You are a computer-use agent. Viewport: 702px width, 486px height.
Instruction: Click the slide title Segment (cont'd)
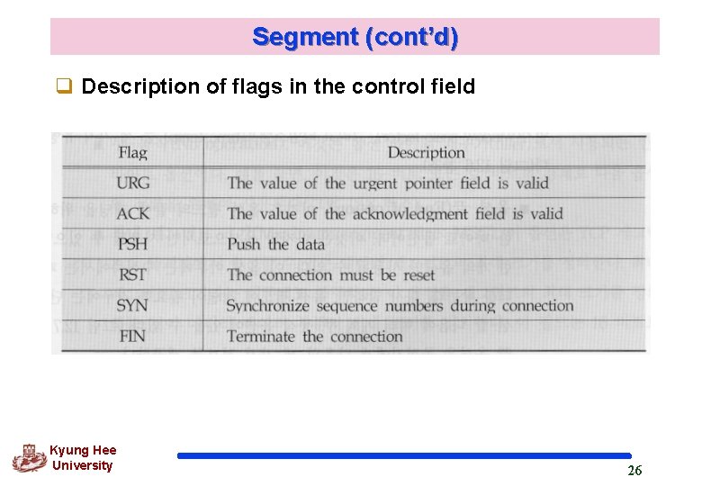[x=355, y=37]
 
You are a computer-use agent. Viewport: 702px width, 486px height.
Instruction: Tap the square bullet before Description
[x=64, y=87]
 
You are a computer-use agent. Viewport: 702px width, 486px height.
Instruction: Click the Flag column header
[x=132, y=152]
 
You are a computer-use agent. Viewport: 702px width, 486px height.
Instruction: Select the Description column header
[x=426, y=152]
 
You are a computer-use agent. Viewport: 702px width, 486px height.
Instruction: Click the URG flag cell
[x=132, y=183]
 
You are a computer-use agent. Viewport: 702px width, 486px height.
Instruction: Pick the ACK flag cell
[x=132, y=213]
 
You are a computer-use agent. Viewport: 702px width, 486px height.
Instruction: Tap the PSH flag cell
[x=132, y=244]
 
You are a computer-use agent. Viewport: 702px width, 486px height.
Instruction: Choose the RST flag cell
[x=132, y=274]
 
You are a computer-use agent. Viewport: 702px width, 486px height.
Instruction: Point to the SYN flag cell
[x=132, y=305]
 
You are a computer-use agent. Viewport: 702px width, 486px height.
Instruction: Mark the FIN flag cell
[x=131, y=336]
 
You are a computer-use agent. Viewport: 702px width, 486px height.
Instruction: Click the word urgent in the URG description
[x=376, y=183]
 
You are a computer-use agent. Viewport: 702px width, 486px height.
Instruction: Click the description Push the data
[x=275, y=244]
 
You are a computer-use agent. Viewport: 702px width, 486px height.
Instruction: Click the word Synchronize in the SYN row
[x=267, y=305]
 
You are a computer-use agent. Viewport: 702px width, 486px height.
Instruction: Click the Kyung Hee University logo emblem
[x=29, y=458]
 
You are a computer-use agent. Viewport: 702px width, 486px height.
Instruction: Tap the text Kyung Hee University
[x=82, y=458]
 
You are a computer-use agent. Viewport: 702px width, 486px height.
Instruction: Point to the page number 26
[x=634, y=471]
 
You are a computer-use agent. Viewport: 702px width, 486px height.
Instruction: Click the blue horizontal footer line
[x=404, y=455]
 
